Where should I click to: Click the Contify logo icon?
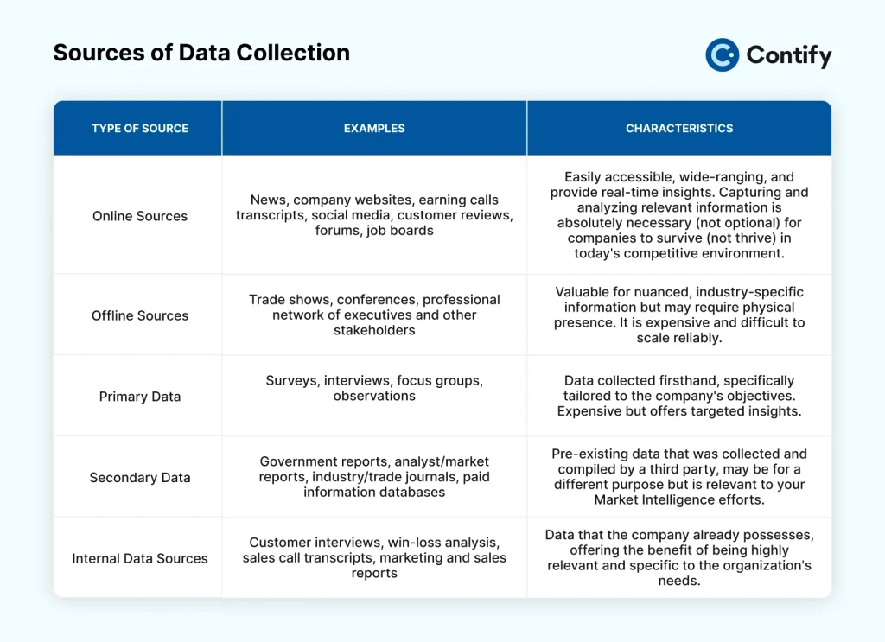722,54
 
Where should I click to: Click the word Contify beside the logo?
789,55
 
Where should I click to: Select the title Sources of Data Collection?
201,53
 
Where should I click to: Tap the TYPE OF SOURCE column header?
140,128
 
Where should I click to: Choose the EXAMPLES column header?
374,128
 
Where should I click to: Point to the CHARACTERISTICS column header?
679,128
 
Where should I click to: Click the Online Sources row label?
140,216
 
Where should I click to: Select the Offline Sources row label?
140,315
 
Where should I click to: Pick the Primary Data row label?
140,397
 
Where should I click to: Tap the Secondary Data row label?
140,477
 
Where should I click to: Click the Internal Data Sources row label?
140,558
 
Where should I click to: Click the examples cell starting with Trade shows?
374,315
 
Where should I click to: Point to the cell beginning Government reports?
374,477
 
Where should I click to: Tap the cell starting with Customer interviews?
374,557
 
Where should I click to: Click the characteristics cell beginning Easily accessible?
679,215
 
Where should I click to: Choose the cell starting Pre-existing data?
679,477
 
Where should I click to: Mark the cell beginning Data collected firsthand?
679,396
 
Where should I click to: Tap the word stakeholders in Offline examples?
374,330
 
